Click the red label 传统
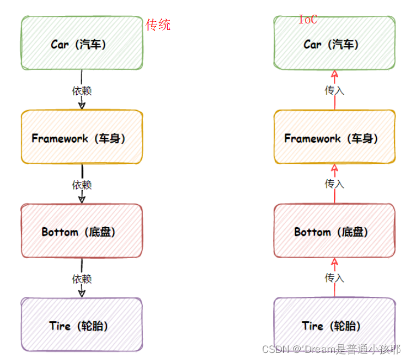click(x=158, y=25)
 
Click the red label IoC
click(x=308, y=20)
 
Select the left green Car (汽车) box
click(x=82, y=44)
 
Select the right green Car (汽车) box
click(x=334, y=44)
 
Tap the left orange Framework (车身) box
click(x=82, y=137)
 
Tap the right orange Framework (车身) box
click(x=334, y=137)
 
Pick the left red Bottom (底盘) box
click(x=82, y=231)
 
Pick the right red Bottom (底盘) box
click(x=334, y=231)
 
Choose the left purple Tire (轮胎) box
click(x=82, y=325)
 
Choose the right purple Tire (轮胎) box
click(x=334, y=325)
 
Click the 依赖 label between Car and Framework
click(x=82, y=90)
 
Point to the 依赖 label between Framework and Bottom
click(x=82, y=185)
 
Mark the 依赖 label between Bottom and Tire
click(x=82, y=279)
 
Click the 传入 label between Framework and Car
click(x=334, y=90)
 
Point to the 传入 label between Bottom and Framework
click(x=334, y=184)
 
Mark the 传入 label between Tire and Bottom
click(x=334, y=278)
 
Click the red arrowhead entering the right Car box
click(x=334, y=75)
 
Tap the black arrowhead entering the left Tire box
click(x=82, y=292)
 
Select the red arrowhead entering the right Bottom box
click(x=334, y=262)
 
